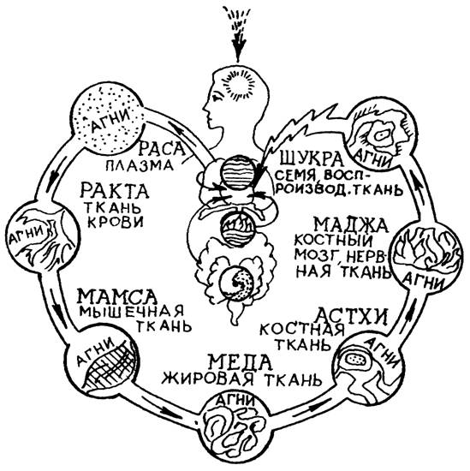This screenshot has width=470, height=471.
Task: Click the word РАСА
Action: click(x=163, y=149)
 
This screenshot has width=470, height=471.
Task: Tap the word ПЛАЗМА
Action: click(x=140, y=165)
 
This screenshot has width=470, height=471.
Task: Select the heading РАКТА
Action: click(x=115, y=191)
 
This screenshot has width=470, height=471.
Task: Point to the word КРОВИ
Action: click(x=116, y=222)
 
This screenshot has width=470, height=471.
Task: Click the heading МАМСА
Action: click(x=117, y=296)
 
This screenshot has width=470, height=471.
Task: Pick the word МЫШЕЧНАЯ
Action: click(x=132, y=311)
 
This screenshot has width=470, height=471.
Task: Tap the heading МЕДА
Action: click(x=241, y=362)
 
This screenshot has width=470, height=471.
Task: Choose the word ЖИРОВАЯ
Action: click(x=207, y=379)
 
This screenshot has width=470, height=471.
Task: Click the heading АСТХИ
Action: click(x=352, y=317)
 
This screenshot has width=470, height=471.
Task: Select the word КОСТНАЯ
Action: click(x=302, y=330)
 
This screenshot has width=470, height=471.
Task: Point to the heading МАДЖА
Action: click(x=350, y=225)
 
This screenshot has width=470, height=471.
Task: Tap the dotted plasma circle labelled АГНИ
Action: click(x=109, y=121)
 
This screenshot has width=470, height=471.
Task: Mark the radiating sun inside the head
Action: click(x=240, y=85)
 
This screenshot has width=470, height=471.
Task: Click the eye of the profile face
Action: click(x=217, y=98)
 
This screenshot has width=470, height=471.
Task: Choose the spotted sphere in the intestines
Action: click(x=236, y=283)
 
